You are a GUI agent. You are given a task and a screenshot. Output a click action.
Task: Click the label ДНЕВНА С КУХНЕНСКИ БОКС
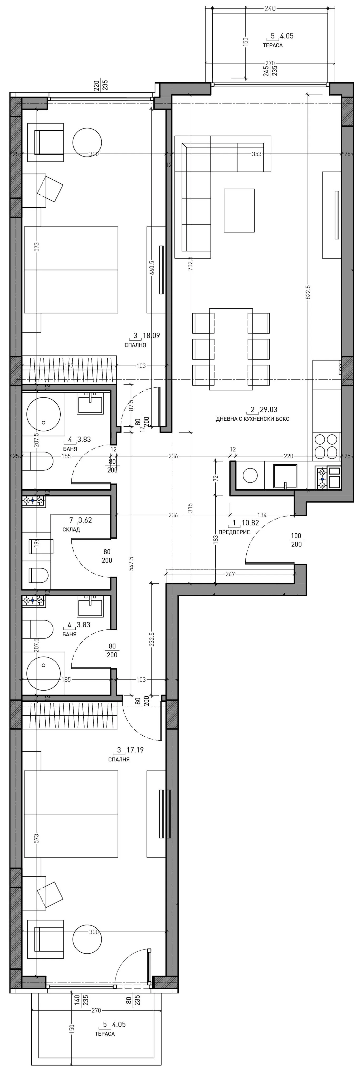coord(252,419)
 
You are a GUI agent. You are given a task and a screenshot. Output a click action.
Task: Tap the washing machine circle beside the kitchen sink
coord(250,475)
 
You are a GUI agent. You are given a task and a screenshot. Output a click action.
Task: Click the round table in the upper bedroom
coord(87,142)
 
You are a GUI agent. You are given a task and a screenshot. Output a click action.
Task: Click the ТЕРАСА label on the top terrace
coord(273,45)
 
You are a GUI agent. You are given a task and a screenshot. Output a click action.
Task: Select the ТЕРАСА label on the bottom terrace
coord(105,1034)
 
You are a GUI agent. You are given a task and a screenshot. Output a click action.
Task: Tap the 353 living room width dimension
coord(257,154)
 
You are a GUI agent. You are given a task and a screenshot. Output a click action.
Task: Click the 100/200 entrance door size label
coord(296,540)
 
